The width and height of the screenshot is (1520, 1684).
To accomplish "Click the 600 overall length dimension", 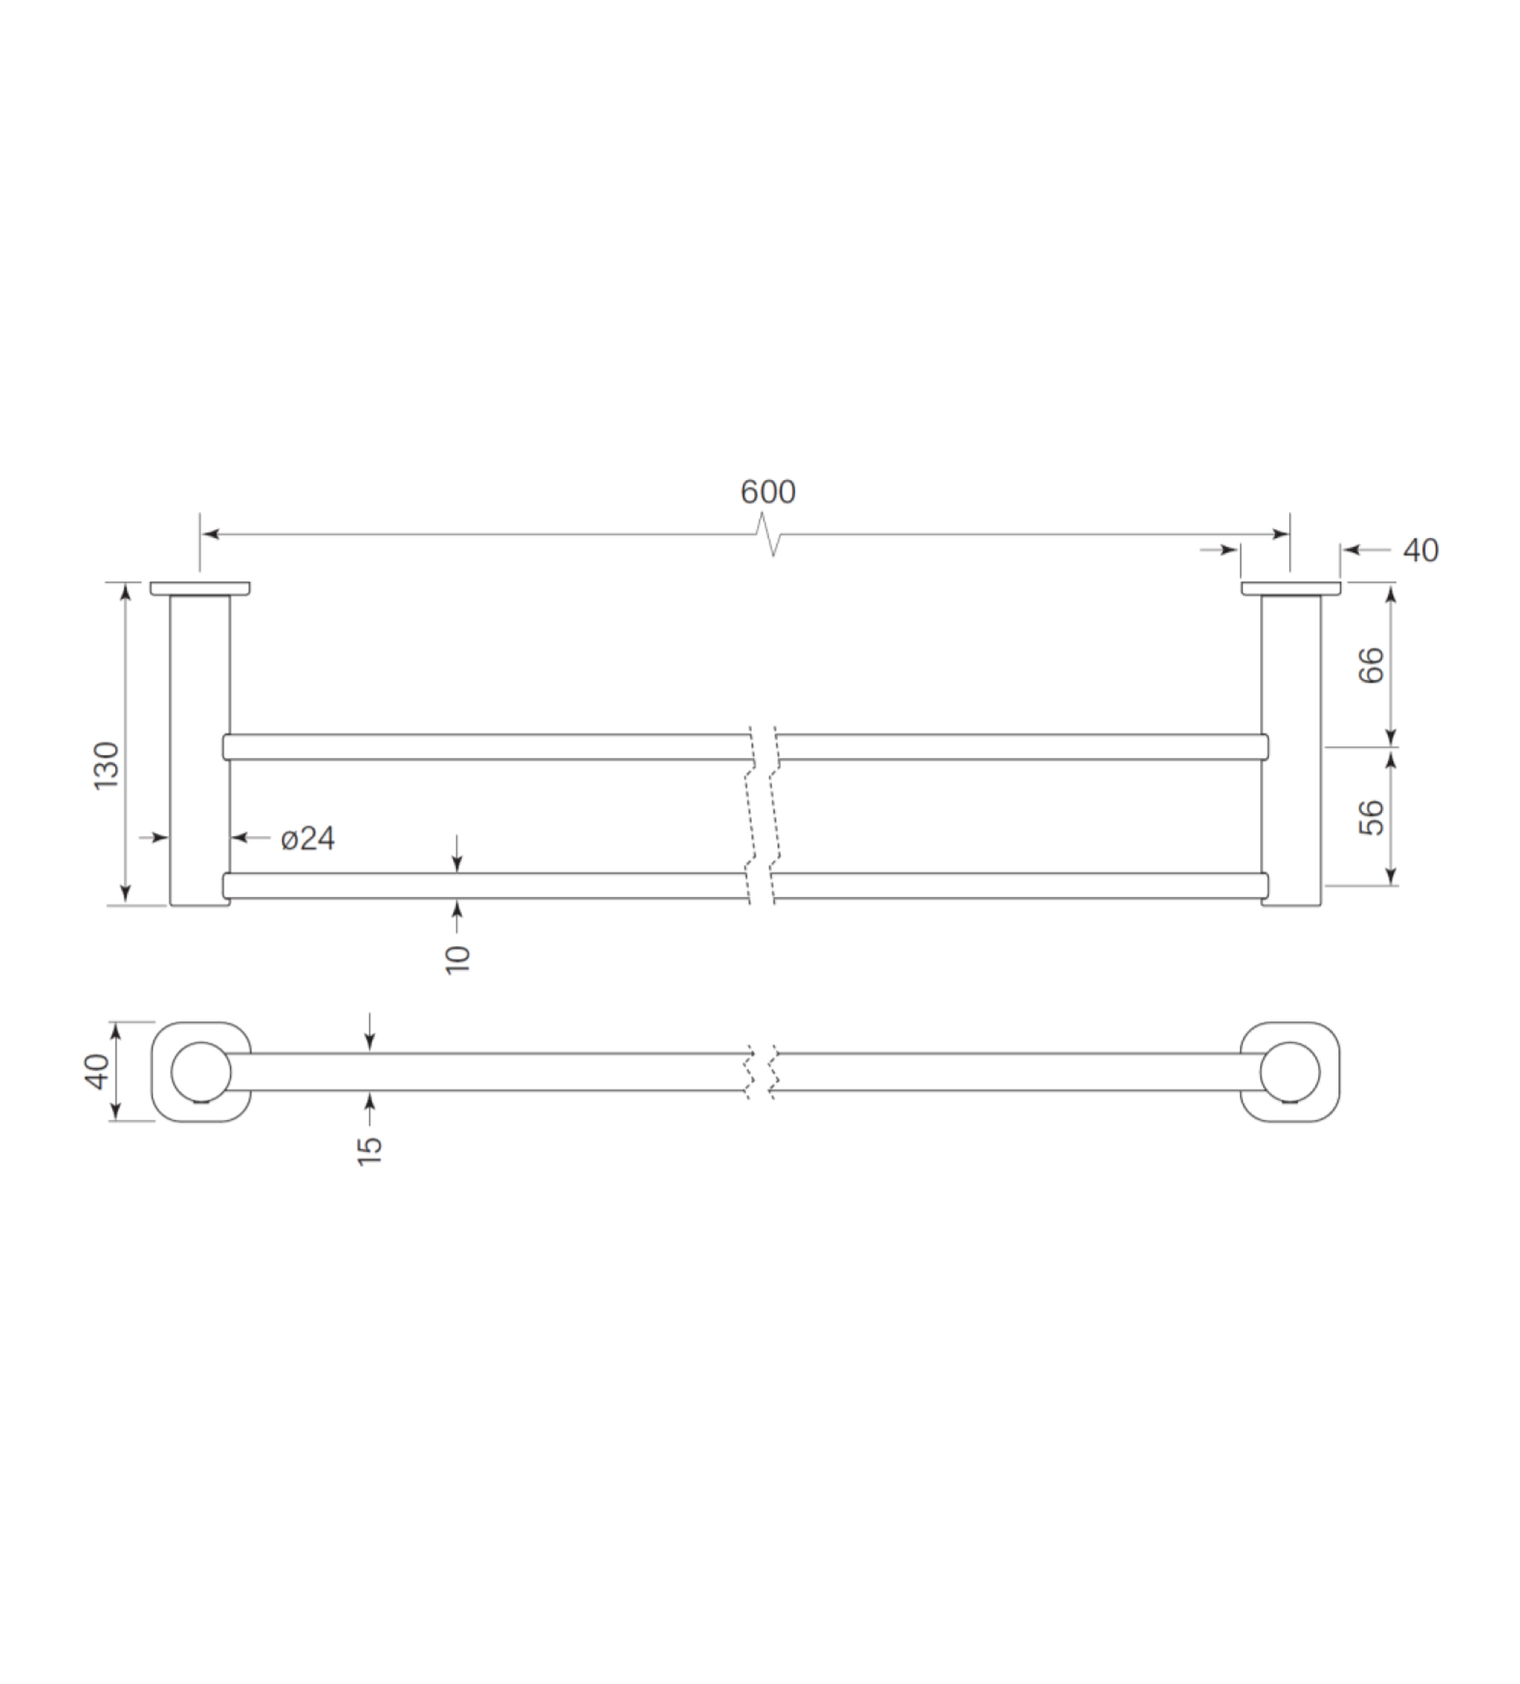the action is (768, 491).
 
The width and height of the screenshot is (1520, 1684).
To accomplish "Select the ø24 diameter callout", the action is (307, 838).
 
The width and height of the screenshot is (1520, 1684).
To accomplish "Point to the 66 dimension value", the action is (1371, 665).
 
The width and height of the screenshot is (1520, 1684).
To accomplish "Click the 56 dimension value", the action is (1371, 817).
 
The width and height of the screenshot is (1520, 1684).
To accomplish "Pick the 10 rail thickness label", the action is (457, 959).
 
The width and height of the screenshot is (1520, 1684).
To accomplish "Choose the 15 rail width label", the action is (369, 1150).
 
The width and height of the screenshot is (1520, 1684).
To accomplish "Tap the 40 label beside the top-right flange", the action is (1420, 550).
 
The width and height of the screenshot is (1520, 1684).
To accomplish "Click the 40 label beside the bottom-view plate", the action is (97, 1072).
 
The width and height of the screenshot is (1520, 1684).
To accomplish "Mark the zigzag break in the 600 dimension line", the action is (769, 535).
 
